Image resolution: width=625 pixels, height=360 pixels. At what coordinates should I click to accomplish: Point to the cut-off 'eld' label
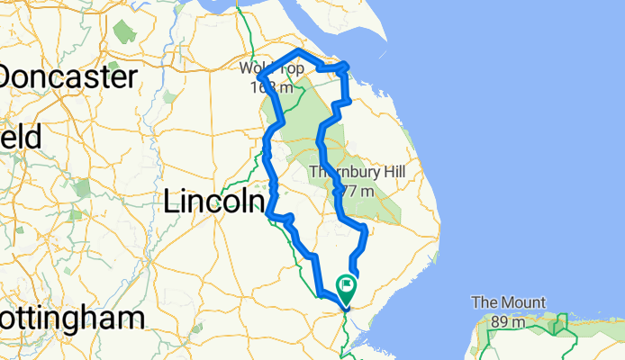(x=20, y=139)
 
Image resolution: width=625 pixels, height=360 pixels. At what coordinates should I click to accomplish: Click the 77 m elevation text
(x=353, y=191)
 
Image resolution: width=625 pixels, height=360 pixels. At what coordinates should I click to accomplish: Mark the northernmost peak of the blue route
(x=300, y=50)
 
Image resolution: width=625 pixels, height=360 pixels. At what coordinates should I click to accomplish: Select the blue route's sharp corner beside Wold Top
(x=260, y=84)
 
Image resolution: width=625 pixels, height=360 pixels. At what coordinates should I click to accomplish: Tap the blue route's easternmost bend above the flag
(x=365, y=232)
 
